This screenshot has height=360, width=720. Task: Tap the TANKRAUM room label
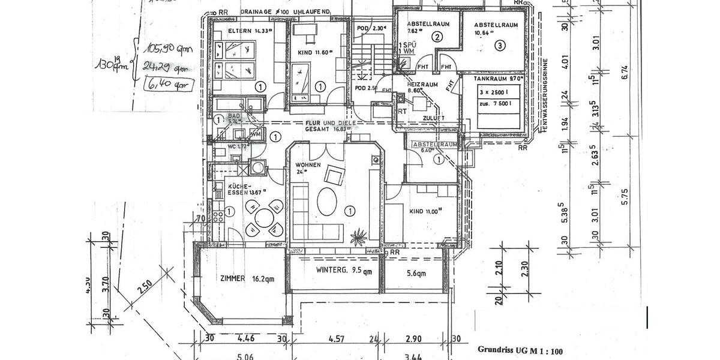491,79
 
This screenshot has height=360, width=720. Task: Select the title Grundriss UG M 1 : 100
520,349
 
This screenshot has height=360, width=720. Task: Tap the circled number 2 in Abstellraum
438,37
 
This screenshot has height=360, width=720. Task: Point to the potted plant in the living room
359,236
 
